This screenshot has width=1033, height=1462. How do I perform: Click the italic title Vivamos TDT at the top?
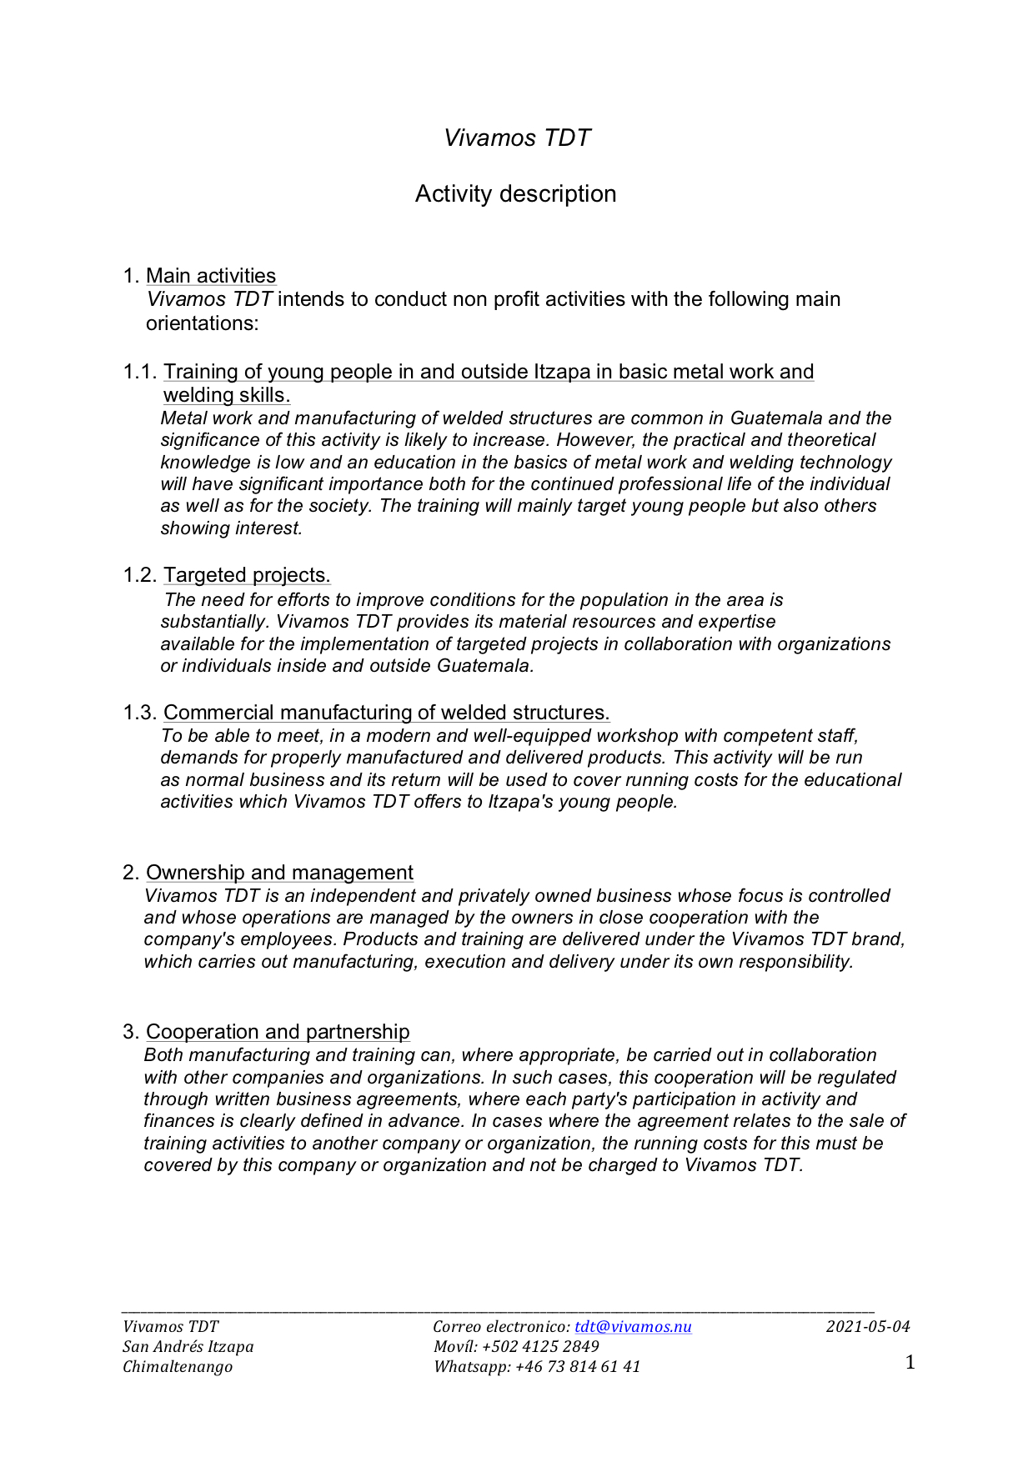point(516,138)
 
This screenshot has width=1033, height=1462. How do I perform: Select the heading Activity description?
point(515,193)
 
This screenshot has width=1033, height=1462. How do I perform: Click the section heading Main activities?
point(210,276)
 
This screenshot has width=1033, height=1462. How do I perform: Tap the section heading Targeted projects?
point(247,575)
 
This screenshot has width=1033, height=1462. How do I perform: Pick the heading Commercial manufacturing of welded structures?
point(386,713)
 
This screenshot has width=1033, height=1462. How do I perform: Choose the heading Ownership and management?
point(279,873)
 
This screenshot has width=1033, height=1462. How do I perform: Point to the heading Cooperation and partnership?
point(278,1032)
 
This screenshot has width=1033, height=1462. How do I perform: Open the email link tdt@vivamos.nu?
point(633,1327)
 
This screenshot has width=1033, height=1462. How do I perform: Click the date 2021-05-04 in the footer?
point(868,1327)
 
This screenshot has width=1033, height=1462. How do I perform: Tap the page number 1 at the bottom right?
point(910,1363)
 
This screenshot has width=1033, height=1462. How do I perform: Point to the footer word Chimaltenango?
point(178,1367)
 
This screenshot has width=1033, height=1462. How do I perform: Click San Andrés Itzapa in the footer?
point(188,1347)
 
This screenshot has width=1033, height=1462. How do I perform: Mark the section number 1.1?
point(139,372)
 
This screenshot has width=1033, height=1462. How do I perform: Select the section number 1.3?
point(139,713)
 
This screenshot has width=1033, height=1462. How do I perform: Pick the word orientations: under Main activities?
point(203,323)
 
